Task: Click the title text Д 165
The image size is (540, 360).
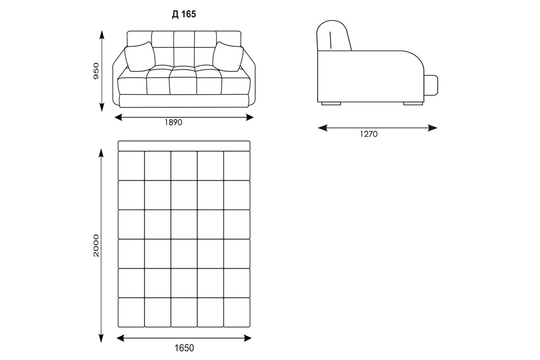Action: click(184, 14)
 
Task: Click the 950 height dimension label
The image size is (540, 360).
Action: click(96, 71)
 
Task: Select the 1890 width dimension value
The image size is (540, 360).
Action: click(173, 122)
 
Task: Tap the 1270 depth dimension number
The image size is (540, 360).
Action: click(369, 134)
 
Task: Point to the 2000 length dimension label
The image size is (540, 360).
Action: click(96, 245)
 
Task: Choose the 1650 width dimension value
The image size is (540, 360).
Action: click(184, 348)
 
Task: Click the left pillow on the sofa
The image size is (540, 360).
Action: click(140, 57)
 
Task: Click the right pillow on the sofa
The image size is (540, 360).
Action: click(228, 57)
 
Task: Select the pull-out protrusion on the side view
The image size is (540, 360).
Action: click(431, 85)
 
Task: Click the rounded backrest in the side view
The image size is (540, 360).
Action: click(333, 36)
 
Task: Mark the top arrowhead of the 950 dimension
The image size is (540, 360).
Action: click(102, 35)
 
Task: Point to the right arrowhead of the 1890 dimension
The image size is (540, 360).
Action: click(249, 117)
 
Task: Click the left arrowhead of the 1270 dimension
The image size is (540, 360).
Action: click(322, 128)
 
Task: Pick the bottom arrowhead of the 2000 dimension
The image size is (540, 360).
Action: click(101, 338)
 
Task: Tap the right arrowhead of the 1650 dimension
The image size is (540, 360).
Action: click(247, 338)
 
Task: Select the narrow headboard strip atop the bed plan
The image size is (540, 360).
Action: click(184, 146)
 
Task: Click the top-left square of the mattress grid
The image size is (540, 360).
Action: click(131, 166)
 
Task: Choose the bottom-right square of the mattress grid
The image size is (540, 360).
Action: click(237, 312)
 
